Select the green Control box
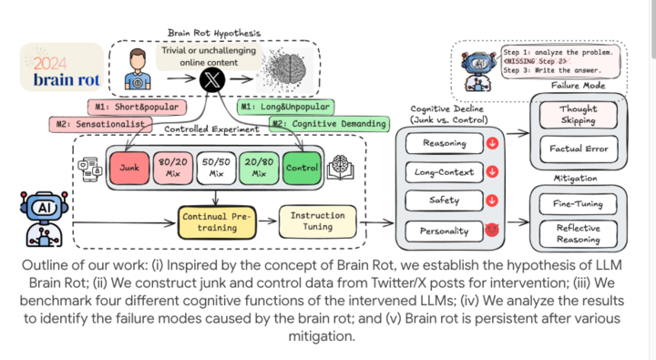[300, 169]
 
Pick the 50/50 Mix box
[216, 169]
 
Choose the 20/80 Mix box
[258, 169]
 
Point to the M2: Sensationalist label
[98, 124]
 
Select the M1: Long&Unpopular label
[285, 108]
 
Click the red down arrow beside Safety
[493, 201]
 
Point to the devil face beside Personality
[493, 231]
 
